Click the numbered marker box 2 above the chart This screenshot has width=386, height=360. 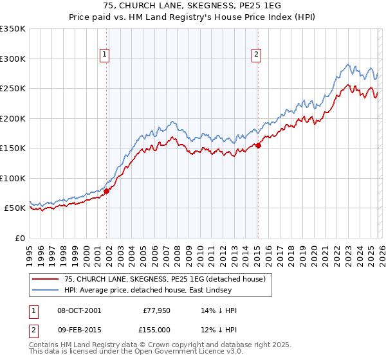[257, 55]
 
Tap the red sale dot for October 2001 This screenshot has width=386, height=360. [107, 191]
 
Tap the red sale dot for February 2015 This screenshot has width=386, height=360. [258, 145]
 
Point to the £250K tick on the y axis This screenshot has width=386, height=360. [13, 89]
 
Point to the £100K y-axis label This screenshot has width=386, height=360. [13, 178]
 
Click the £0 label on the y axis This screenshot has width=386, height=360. [19, 238]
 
